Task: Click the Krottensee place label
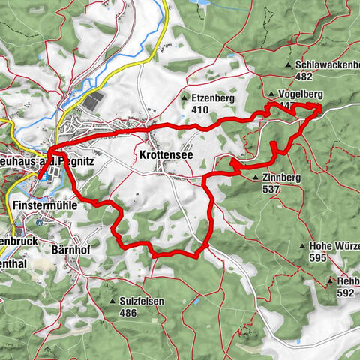pos(163,155)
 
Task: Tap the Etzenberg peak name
pos(214,97)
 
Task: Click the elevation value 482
pos(304,76)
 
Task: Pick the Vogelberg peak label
pos(303,94)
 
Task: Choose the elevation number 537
pos(271,190)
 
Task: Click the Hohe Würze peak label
pos(334,246)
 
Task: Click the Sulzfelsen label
pos(142,301)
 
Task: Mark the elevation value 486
pos(128,312)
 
